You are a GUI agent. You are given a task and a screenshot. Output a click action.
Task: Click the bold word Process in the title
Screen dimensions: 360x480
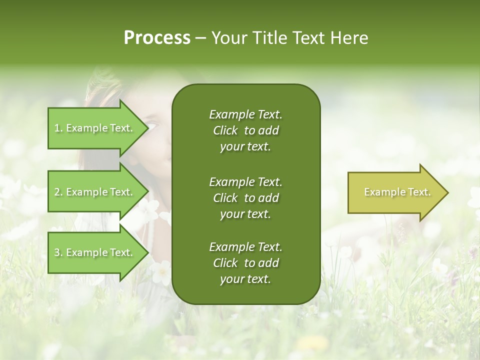point(157,38)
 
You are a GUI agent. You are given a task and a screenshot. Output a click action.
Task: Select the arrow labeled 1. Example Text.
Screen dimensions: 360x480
point(95,128)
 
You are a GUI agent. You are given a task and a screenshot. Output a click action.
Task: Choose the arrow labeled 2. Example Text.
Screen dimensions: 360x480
point(95,192)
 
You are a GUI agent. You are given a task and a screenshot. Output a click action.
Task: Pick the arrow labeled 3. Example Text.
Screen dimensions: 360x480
point(95,252)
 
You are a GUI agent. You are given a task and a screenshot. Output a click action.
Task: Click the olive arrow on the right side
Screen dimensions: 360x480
point(395,192)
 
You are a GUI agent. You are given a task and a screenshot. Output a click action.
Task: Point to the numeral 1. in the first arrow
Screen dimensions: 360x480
point(58,128)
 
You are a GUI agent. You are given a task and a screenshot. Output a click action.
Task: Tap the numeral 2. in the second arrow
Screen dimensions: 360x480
point(58,192)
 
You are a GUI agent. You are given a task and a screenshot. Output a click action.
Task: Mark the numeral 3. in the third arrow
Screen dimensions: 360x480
point(58,252)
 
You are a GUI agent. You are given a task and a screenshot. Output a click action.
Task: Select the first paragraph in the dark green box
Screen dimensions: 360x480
point(245,130)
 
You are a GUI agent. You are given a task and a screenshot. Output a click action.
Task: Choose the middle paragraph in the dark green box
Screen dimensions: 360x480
point(245,197)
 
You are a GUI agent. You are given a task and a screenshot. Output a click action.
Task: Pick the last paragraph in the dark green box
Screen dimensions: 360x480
point(245,263)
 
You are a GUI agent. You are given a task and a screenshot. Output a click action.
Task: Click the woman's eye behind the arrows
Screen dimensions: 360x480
point(152,125)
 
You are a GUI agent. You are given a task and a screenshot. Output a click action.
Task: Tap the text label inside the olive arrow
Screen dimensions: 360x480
point(397,192)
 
